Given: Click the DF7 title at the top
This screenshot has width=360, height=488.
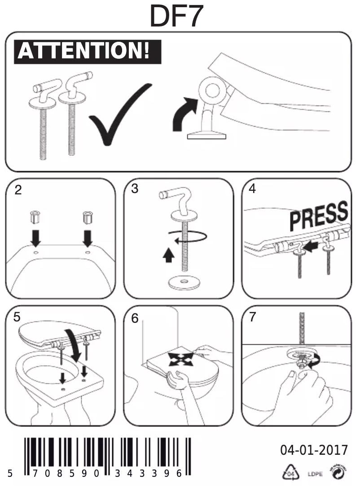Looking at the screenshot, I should click(177, 17).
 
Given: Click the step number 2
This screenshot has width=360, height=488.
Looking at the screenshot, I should click(18, 189).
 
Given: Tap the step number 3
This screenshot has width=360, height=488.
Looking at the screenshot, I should click(135, 189).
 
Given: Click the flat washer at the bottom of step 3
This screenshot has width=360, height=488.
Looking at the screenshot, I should click(183, 283).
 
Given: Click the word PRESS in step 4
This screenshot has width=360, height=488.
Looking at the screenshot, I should click(319, 215).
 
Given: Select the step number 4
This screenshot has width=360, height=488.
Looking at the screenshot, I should click(252, 189).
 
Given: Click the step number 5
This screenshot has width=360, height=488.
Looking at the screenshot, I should click(17, 317).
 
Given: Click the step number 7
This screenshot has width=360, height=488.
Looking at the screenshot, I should click(252, 317).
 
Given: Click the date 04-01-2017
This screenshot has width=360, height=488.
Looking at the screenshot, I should click(314, 450).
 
